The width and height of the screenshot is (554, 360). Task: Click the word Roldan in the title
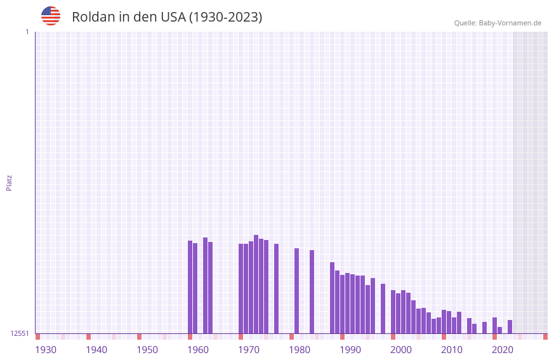pyautogui.click(x=91, y=17)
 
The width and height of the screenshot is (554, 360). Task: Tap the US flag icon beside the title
pyautogui.click(x=51, y=16)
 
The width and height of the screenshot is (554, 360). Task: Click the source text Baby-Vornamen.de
pyautogui.click(x=510, y=23)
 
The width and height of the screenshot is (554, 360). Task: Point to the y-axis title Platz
pyautogui.click(x=9, y=182)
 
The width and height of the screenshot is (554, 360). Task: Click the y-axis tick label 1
pyautogui.click(x=27, y=32)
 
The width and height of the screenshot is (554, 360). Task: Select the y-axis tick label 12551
pyautogui.click(x=20, y=333)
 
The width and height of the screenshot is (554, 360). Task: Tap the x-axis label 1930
pyautogui.click(x=46, y=350)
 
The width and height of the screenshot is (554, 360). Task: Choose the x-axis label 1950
pyautogui.click(x=147, y=350)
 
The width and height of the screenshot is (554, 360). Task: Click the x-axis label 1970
pyautogui.click(x=249, y=350)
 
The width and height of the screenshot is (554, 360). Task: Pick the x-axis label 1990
pyautogui.click(x=350, y=350)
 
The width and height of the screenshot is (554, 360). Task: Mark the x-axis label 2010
pyautogui.click(x=452, y=350)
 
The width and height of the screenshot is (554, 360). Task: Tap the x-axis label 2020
pyautogui.click(x=503, y=350)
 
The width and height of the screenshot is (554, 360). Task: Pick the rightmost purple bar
pyautogui.click(x=510, y=327)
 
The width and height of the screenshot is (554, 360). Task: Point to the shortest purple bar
pyautogui.click(x=499, y=330)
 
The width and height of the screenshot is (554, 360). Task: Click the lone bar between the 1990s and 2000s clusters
pyautogui.click(x=383, y=309)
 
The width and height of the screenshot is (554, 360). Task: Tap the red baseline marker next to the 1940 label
pyautogui.click(x=88, y=337)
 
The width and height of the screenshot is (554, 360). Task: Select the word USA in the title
pyautogui.click(x=173, y=17)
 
